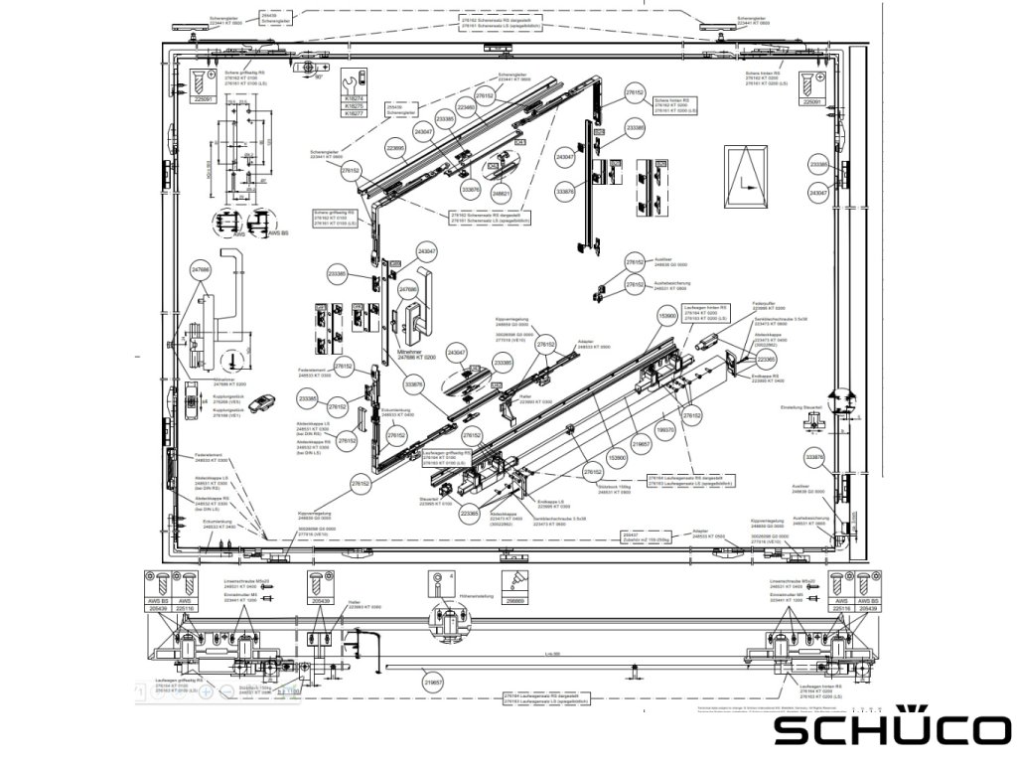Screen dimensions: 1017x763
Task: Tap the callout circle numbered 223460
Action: pyautogui.click(x=467, y=106)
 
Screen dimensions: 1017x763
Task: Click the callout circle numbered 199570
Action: pyautogui.click(x=666, y=430)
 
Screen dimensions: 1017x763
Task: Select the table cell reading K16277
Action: pyautogui.click(x=353, y=114)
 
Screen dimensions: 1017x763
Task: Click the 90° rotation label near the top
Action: pyautogui.click(x=320, y=76)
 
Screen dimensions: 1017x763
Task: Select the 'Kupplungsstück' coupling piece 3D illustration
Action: pyautogui.click(x=260, y=400)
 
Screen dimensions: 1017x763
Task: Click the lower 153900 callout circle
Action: pyautogui.click(x=617, y=459)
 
